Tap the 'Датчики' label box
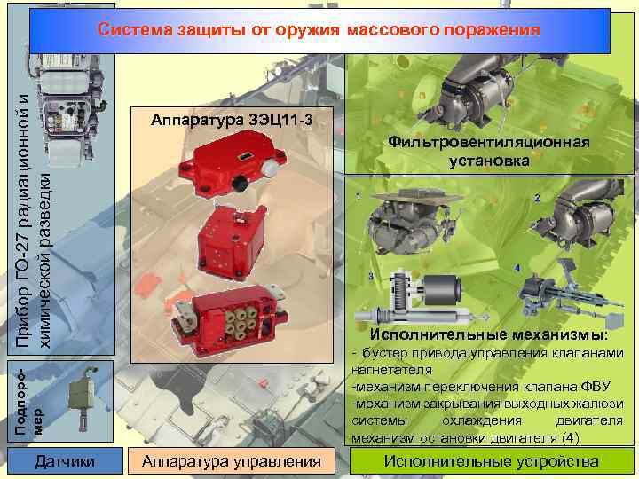pos(65,461)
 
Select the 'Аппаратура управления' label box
pos(232,461)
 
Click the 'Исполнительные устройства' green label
pos(492,461)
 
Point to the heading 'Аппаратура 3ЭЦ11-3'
pos(232,120)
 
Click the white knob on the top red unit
pos(270,167)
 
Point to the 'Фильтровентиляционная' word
pos(489,142)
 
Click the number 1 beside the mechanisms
pos(359,196)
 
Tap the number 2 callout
pos(537,198)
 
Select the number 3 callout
pos(371,276)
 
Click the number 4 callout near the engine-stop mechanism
pos(517,268)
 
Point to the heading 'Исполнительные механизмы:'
pos(488,334)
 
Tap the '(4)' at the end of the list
pos(570,438)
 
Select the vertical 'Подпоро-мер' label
pos(28,401)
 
